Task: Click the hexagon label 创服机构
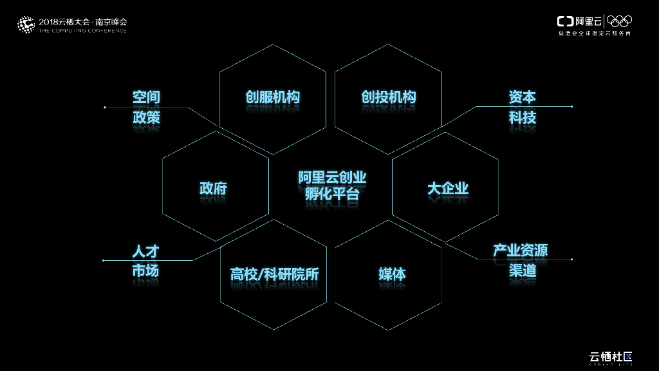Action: coord(272,97)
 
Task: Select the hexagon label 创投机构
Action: coord(388,97)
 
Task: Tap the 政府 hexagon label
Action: coord(213,188)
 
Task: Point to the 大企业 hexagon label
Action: coord(448,188)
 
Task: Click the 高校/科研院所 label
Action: coord(274,274)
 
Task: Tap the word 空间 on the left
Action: coord(146,97)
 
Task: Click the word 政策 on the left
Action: coord(146,117)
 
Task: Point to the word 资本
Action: coord(522,97)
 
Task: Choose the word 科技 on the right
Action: coord(522,117)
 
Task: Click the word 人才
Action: coord(145,251)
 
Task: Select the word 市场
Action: coord(145,271)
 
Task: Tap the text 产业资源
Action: coord(520,251)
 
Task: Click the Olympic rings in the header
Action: coord(620,21)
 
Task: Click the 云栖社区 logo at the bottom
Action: coord(612,357)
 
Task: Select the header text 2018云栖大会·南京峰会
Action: coord(83,21)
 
